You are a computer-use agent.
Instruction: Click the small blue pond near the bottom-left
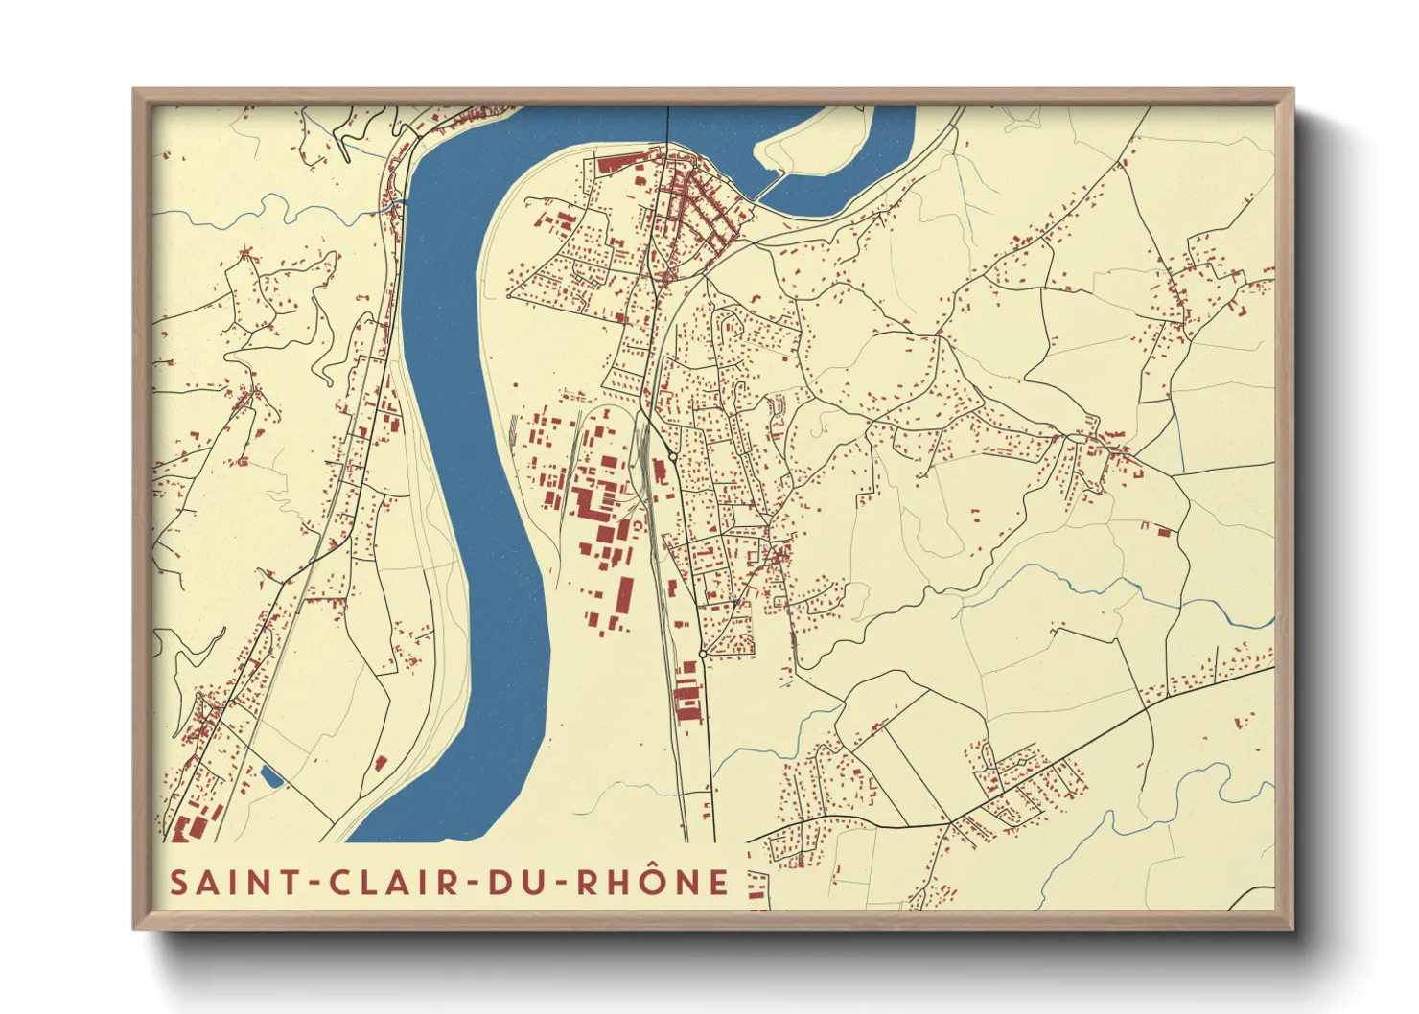pyautogui.click(x=271, y=776)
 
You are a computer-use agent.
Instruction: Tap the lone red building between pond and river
pyautogui.click(x=381, y=763)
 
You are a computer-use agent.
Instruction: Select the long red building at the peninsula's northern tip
pyautogui.click(x=612, y=164)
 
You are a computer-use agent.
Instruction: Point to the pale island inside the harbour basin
pyautogui.click(x=810, y=149)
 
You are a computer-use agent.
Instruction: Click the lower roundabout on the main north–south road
pyautogui.click(x=703, y=654)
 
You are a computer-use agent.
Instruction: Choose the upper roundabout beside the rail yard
pyautogui.click(x=674, y=458)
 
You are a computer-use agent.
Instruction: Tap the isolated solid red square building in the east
pyautogui.click(x=1164, y=531)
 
